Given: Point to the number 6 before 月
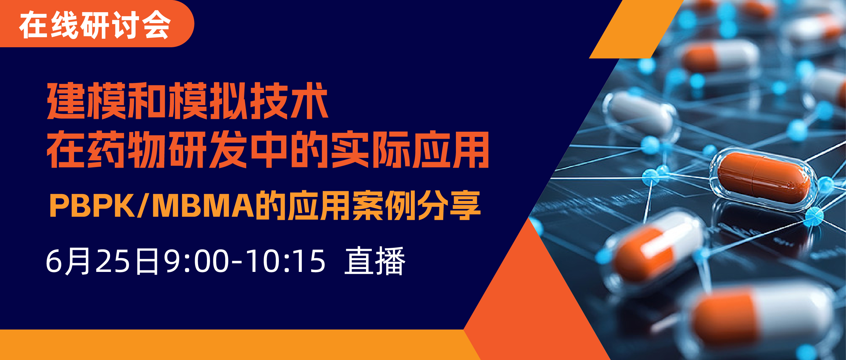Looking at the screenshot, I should [54, 262].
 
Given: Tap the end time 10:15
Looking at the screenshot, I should [286, 262].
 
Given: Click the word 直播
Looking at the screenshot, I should [375, 261].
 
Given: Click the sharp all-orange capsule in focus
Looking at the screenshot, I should [764, 178].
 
